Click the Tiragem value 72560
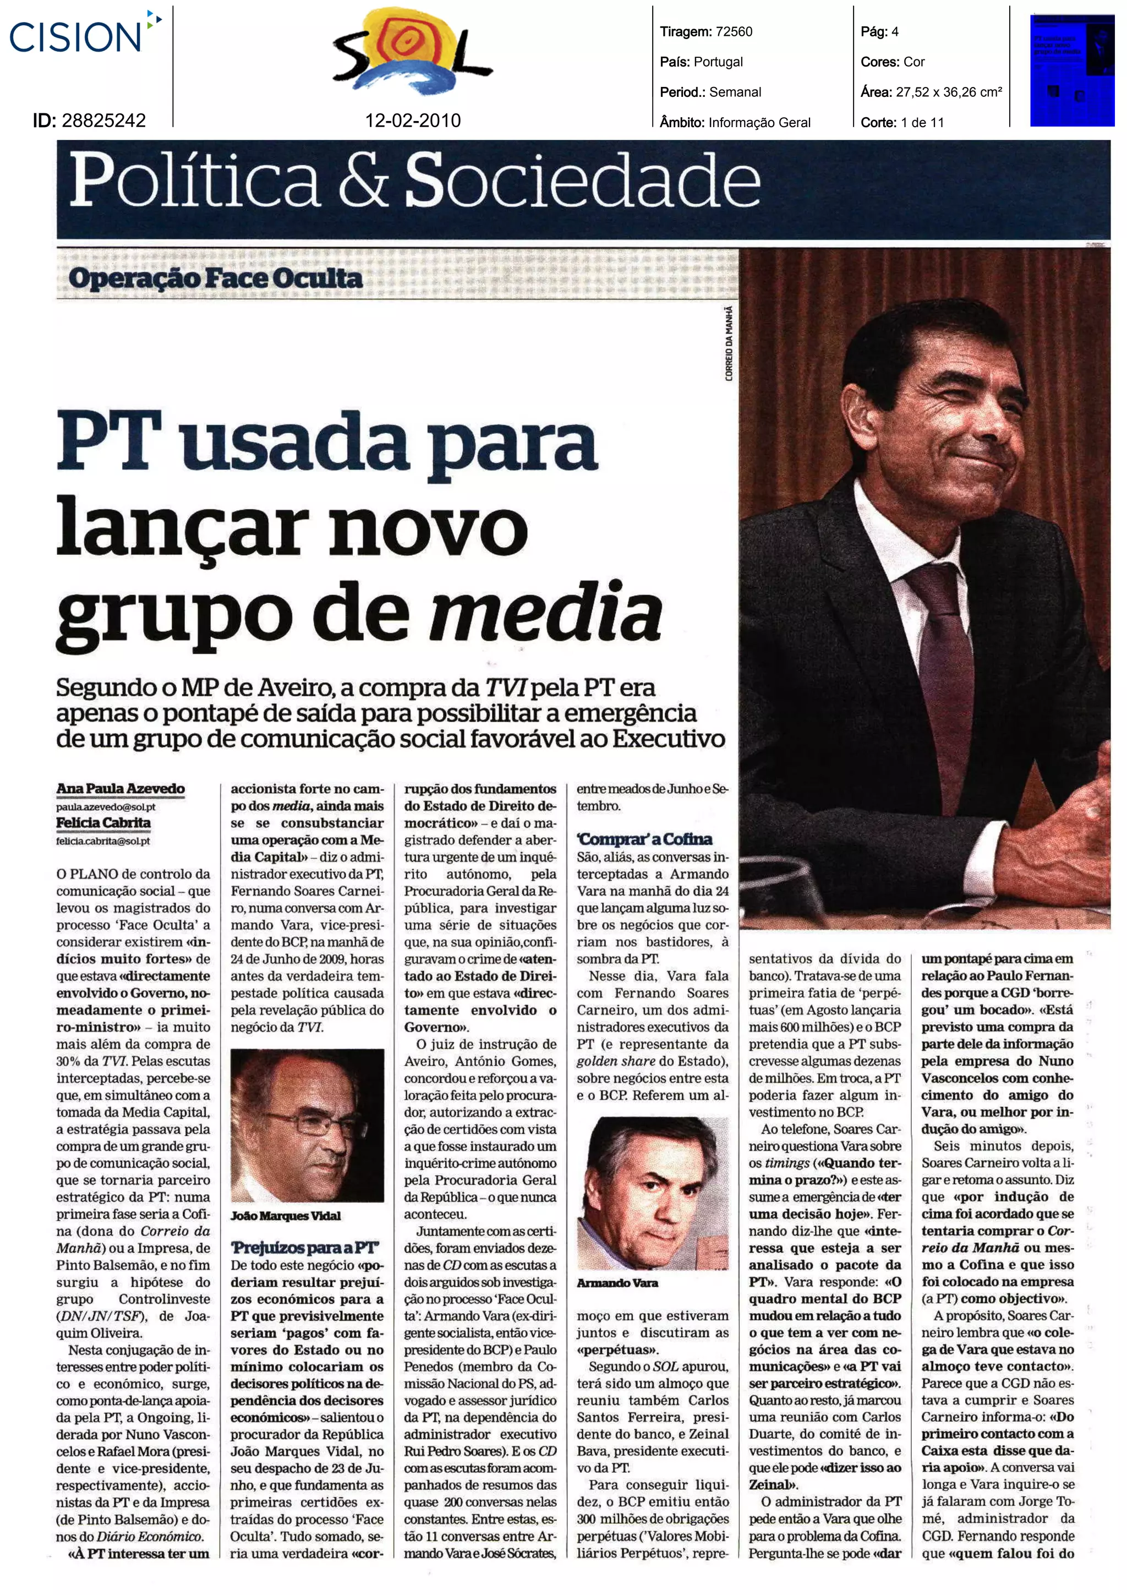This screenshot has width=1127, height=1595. [734, 31]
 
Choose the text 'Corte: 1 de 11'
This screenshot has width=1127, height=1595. [902, 123]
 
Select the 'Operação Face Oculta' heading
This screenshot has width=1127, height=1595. [215, 278]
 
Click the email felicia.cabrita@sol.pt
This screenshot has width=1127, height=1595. [103, 840]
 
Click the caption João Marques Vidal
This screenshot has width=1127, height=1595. [286, 1216]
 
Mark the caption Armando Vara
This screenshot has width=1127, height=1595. [617, 1282]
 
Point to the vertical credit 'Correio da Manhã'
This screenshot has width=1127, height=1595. [729, 344]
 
